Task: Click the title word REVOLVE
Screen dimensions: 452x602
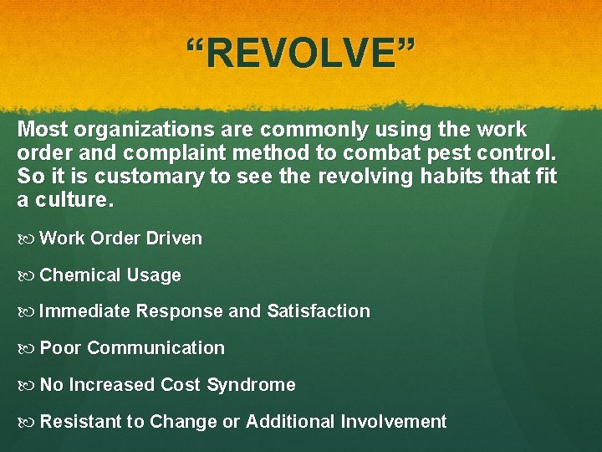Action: [300, 54]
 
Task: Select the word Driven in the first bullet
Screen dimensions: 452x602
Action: [174, 239]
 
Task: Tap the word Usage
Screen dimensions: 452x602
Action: [154, 275]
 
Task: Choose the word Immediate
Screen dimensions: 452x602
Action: [84, 311]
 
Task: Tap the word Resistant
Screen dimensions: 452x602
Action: [80, 422]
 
